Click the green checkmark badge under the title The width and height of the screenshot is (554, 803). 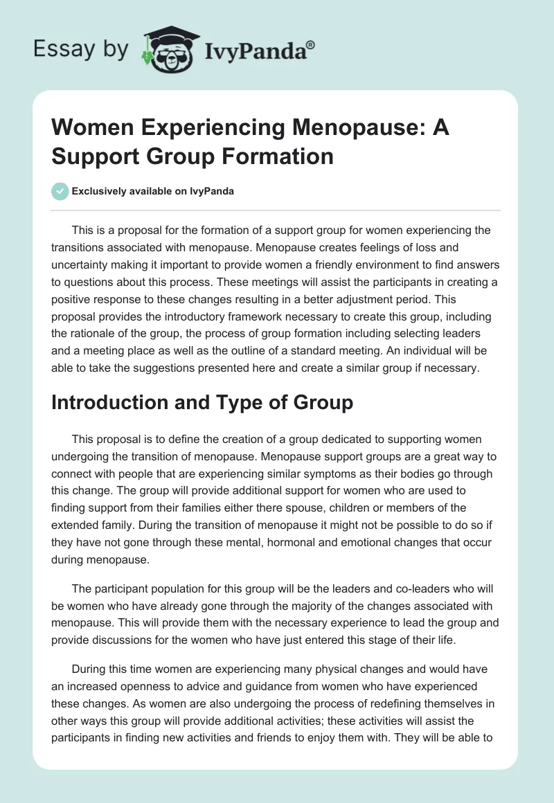click(60, 191)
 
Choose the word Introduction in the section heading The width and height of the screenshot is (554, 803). click(114, 403)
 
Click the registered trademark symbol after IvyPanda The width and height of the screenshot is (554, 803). click(311, 44)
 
